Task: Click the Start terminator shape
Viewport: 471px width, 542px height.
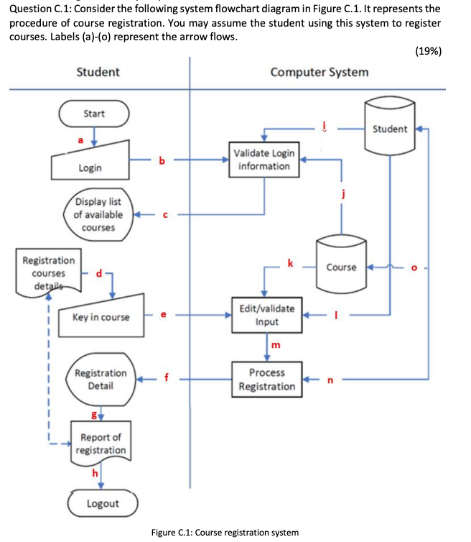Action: click(94, 114)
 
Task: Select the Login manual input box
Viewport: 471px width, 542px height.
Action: click(90, 165)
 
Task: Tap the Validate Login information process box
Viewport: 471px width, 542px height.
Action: click(264, 160)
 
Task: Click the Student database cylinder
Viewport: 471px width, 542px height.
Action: click(390, 129)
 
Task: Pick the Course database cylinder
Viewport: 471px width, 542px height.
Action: click(341, 267)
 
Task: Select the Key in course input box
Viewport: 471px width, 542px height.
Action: click(101, 315)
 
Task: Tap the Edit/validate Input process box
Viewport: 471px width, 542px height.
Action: click(266, 315)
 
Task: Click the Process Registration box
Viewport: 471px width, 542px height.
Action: click(266, 380)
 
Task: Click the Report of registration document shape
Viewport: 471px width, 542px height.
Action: click(101, 444)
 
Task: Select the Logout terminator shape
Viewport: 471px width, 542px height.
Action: click(102, 503)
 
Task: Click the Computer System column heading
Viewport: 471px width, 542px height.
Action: click(319, 71)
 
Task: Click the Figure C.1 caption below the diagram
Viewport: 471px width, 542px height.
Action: click(225, 532)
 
